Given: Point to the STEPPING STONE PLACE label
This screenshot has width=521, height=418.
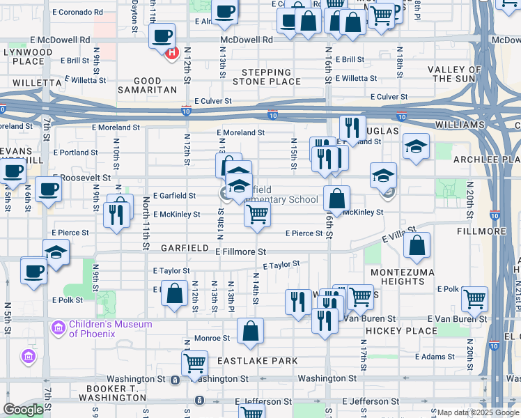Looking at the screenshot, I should (266, 77).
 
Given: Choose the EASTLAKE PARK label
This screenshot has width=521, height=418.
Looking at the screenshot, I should (257, 361).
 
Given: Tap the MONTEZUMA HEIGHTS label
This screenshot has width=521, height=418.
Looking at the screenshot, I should (403, 277).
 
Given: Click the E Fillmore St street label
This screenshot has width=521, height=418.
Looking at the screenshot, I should (240, 251).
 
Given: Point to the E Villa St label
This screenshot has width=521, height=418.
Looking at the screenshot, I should (399, 234).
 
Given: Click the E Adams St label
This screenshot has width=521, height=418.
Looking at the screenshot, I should (435, 357).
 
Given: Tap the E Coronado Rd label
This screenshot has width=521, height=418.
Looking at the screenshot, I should (77, 13).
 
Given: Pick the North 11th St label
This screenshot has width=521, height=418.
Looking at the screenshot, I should (146, 223).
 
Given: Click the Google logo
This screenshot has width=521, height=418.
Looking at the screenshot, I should (23, 410).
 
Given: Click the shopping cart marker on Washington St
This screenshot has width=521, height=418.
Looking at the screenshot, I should (194, 362).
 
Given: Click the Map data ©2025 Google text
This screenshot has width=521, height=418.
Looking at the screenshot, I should (478, 412).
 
